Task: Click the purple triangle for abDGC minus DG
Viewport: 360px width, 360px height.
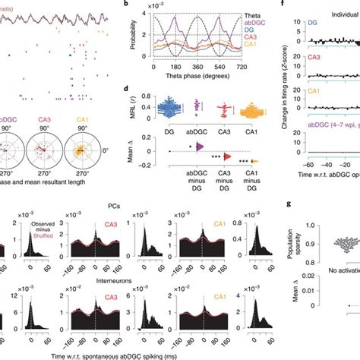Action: pos(200,147)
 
